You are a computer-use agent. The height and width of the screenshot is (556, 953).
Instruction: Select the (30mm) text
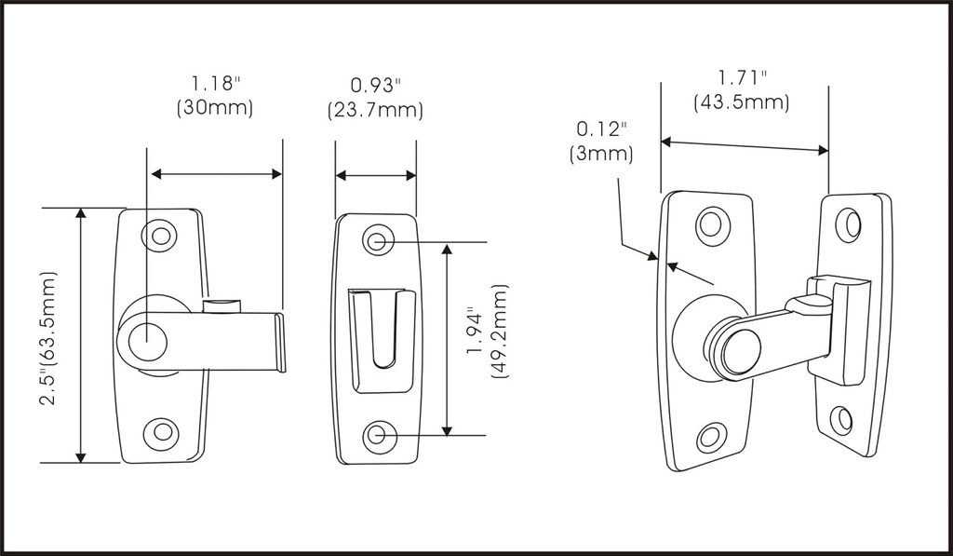[215, 108]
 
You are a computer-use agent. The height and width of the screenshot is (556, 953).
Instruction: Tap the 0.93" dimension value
[375, 86]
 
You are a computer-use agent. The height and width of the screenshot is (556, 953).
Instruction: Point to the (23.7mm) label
[375, 111]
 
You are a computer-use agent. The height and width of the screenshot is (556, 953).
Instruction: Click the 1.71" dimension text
[742, 77]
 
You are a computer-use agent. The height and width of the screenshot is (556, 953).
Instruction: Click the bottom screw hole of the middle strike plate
[377, 434]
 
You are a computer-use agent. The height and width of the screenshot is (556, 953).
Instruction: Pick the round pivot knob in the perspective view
[734, 350]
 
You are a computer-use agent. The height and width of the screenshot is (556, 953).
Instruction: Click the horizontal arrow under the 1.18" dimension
[216, 174]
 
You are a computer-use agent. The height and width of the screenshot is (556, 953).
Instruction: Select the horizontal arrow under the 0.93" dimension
[376, 175]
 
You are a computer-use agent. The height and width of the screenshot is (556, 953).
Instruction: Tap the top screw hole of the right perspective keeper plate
[848, 224]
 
